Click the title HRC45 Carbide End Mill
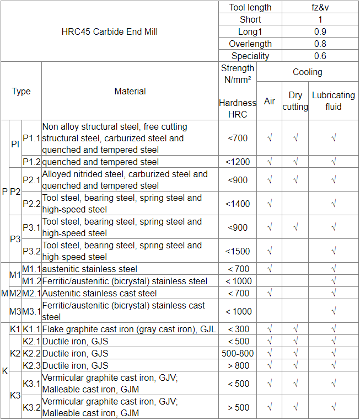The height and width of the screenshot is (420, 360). tap(109, 31)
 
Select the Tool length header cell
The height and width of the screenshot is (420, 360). tap(250, 7)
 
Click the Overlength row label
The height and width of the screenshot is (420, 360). tap(250, 44)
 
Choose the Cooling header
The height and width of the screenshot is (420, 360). tap(307, 72)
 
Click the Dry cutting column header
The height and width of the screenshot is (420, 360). tap(295, 101)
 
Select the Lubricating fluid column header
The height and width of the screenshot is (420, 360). tap(333, 101)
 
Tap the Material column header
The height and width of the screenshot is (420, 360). tap(130, 91)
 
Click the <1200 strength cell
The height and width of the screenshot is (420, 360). tap(238, 162)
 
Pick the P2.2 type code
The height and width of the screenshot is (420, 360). tap(31, 204)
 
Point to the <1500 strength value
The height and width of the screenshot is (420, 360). tap(238, 251)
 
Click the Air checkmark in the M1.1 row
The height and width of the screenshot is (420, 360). tap(269, 269)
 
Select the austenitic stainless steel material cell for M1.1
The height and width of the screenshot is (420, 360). tap(90, 269)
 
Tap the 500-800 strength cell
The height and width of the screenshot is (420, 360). tap(238, 353)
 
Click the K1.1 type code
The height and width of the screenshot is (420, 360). tap(31, 329)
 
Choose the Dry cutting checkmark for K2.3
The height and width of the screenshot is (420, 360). tap(295, 365)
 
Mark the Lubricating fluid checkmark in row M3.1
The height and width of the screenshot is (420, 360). tap(333, 311)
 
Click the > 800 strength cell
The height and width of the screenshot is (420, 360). tap(238, 365)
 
